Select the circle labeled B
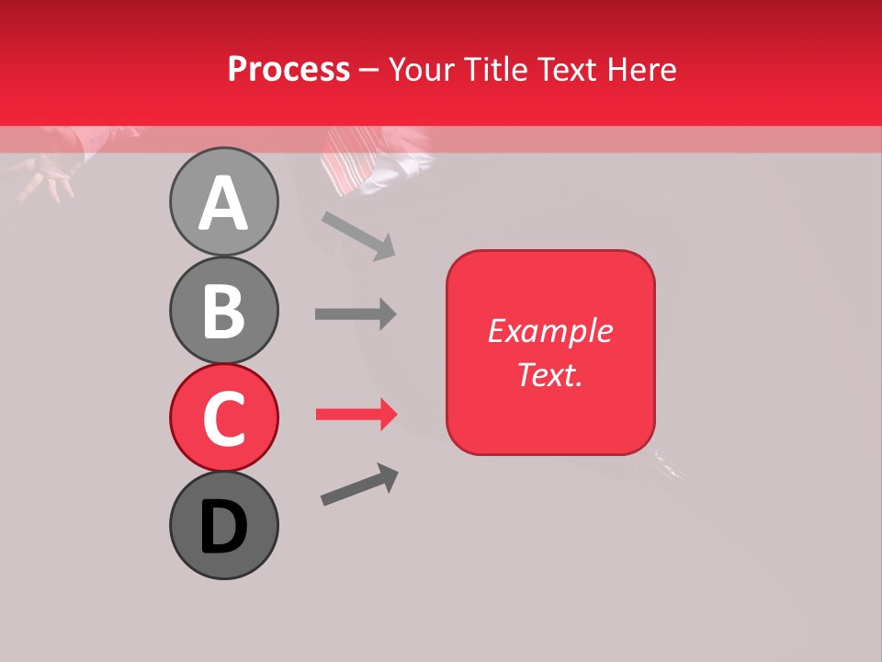pyautogui.click(x=223, y=310)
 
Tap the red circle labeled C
pyautogui.click(x=223, y=417)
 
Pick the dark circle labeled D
pyautogui.click(x=223, y=525)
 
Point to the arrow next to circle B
pyautogui.click(x=356, y=314)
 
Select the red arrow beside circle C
pyautogui.click(x=356, y=415)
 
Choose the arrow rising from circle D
pyautogui.click(x=359, y=485)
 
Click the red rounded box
pyautogui.click(x=550, y=352)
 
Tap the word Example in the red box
pyautogui.click(x=550, y=331)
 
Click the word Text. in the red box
pyautogui.click(x=550, y=374)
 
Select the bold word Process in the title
pyautogui.click(x=288, y=69)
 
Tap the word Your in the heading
pyautogui.click(x=424, y=69)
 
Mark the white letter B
pyautogui.click(x=223, y=311)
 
